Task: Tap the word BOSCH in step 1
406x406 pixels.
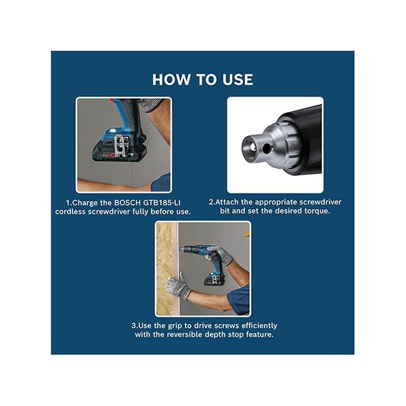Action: [128, 202]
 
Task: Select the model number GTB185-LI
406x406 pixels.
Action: [162, 202]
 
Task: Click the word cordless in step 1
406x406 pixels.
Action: [70, 212]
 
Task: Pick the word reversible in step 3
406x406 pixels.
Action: [184, 334]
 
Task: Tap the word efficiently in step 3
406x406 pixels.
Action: [259, 325]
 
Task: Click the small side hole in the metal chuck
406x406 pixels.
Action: [267, 148]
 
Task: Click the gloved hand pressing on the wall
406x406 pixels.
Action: [179, 287]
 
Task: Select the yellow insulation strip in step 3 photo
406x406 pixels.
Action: [164, 269]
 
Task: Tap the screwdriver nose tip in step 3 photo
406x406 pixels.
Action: [181, 249]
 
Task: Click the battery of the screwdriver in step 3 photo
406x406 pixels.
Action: [214, 280]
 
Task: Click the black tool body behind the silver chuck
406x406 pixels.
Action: [303, 139]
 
